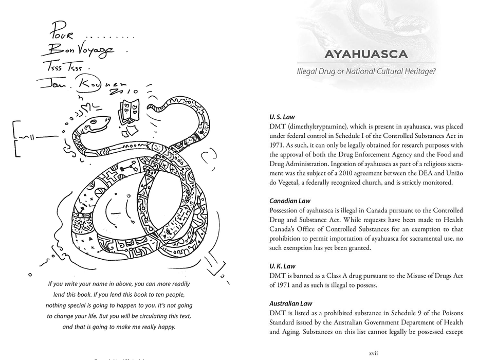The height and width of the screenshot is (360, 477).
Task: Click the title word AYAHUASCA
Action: [x=366, y=55]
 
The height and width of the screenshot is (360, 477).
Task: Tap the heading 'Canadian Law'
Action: [x=290, y=201]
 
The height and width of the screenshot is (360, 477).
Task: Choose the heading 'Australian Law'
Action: [x=291, y=303]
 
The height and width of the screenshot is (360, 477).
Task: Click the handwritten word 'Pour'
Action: [x=62, y=34]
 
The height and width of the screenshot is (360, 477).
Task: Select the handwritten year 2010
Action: [x=119, y=91]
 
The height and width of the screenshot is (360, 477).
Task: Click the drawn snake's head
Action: [x=96, y=124]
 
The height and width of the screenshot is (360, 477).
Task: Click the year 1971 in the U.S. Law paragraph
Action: [x=278, y=145]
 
